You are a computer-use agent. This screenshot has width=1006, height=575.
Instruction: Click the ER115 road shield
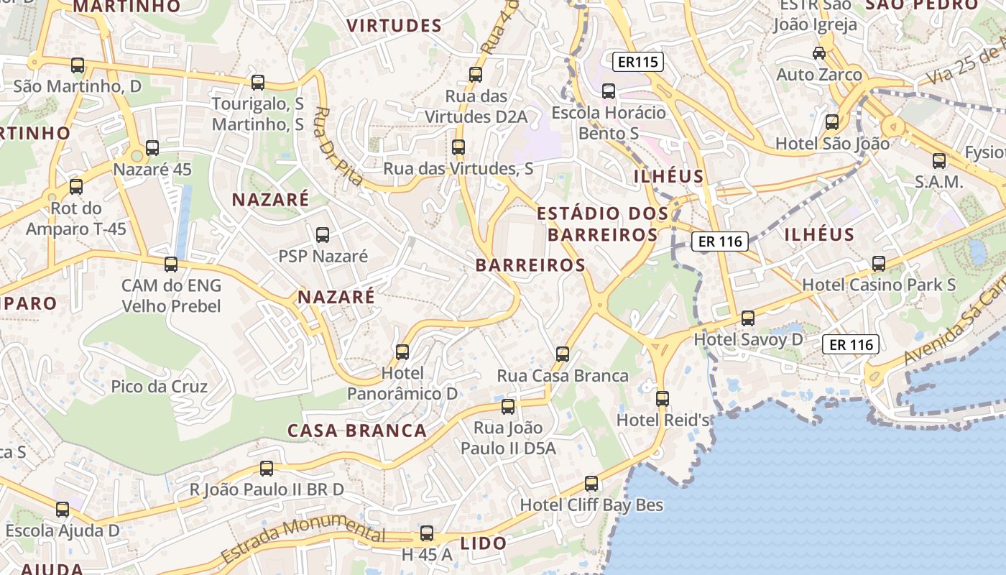pos(638,62)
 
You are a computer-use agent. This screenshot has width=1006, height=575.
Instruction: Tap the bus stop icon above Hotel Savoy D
pos(748,318)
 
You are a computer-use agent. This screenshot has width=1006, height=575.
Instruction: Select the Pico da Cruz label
pos(159,387)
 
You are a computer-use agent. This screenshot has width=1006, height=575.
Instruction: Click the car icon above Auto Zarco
pos(818,52)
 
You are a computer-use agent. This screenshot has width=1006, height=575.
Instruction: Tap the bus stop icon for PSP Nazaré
pos(323,234)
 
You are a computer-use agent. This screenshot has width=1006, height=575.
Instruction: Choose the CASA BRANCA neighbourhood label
pos(357,431)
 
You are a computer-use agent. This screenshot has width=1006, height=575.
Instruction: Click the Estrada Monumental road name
pos(303,539)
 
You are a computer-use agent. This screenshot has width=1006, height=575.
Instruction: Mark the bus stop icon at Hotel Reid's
pos(663,398)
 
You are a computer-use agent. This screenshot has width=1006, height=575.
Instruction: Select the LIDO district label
pos(484,543)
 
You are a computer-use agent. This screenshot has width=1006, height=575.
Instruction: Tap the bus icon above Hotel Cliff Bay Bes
pos(591,483)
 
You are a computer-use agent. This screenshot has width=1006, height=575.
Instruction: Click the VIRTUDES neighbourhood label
pos(394,26)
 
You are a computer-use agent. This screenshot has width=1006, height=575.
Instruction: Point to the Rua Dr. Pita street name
pos(338,147)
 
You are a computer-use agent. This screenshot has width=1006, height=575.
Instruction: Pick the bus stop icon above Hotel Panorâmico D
pos(402,351)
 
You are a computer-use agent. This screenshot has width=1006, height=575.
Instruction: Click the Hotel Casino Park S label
pos(879,285)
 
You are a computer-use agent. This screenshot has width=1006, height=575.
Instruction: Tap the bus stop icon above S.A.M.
pos(939,160)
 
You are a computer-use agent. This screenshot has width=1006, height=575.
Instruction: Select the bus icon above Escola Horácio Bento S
pos(609,91)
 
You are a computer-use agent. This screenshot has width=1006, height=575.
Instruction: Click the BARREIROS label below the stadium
pos(530,265)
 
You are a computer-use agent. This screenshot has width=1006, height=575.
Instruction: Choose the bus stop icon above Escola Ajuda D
pos(63,510)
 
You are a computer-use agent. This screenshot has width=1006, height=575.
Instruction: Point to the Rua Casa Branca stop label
pos(563,376)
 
